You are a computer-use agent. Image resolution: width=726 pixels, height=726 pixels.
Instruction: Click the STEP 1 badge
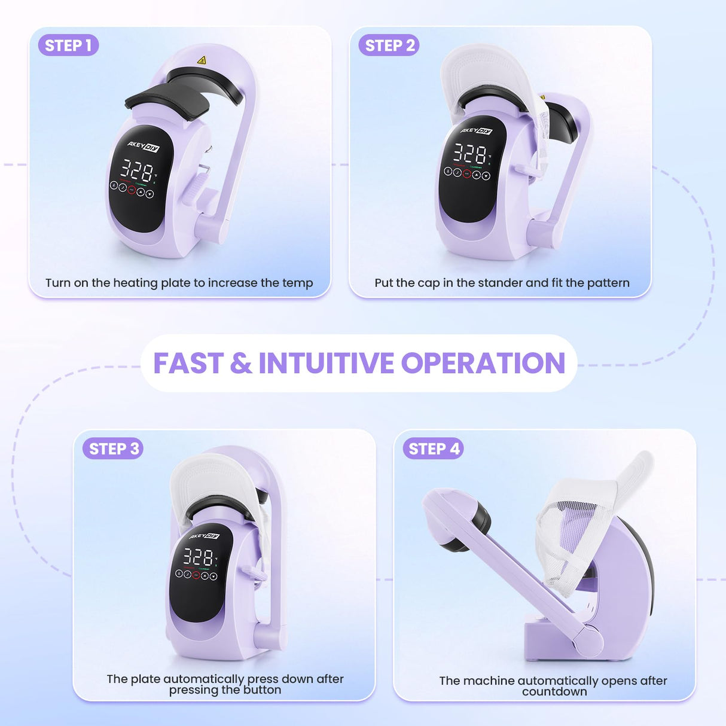[68, 45]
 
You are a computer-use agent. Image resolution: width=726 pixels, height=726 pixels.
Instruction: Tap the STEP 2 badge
[389, 45]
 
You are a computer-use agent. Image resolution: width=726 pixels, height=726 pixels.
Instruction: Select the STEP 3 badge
[113, 449]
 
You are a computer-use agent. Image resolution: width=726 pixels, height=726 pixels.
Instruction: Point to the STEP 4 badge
[434, 449]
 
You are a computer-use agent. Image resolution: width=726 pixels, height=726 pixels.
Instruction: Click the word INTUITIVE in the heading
[326, 363]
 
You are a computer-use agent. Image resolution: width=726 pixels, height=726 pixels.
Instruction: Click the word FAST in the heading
[188, 363]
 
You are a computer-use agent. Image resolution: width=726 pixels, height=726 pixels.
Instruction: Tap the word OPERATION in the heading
[483, 363]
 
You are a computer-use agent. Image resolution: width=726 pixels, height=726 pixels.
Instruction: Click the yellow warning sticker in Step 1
[202, 60]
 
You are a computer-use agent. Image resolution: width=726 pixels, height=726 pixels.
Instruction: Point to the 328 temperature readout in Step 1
[138, 169]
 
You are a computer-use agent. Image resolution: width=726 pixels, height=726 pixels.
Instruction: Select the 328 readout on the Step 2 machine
[469, 154]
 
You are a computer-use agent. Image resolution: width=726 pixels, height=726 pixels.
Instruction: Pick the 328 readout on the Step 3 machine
[198, 557]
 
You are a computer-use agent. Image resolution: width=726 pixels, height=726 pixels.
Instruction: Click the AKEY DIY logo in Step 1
[144, 147]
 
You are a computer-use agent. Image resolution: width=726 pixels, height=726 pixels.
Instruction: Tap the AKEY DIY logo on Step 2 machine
[477, 130]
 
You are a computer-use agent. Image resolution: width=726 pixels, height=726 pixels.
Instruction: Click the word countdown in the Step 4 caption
[554, 692]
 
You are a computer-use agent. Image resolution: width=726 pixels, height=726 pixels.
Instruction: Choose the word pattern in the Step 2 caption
[608, 283]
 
